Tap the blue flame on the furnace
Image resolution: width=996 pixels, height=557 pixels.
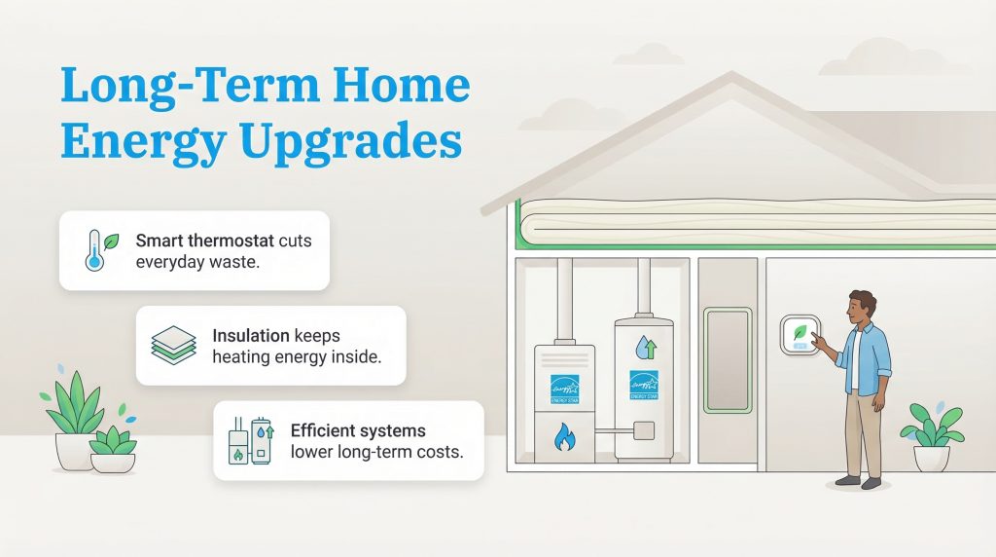(564, 439)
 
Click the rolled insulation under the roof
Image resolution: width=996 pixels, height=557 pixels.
(739, 220)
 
